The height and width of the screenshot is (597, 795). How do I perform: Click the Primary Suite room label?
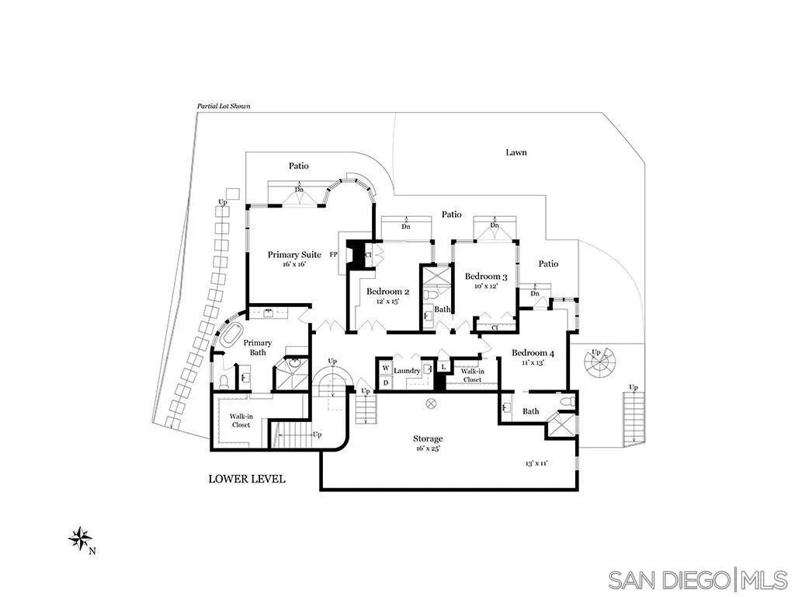click(x=294, y=254)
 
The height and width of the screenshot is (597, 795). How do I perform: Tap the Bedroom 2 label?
click(x=387, y=292)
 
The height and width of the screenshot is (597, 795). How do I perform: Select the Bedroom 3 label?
click(x=486, y=277)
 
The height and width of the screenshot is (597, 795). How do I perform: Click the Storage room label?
click(x=428, y=439)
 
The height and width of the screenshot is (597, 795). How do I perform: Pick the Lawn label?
click(x=516, y=152)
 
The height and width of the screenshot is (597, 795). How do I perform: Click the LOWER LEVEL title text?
click(x=246, y=479)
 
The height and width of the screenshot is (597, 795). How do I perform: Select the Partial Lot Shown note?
click(x=223, y=106)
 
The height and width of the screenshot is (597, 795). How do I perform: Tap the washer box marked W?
click(x=385, y=368)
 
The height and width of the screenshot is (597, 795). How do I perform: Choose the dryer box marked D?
click(x=385, y=382)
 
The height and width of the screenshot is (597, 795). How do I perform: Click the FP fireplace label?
click(x=333, y=254)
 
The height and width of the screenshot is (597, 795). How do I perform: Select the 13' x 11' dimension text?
click(x=536, y=463)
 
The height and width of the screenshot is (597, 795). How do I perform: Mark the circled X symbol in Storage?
click(x=432, y=403)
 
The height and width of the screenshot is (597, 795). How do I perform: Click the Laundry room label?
click(x=407, y=371)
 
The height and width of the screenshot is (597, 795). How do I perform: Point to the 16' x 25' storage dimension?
click(x=428, y=449)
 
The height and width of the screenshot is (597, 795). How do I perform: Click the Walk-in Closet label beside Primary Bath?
click(x=241, y=421)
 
